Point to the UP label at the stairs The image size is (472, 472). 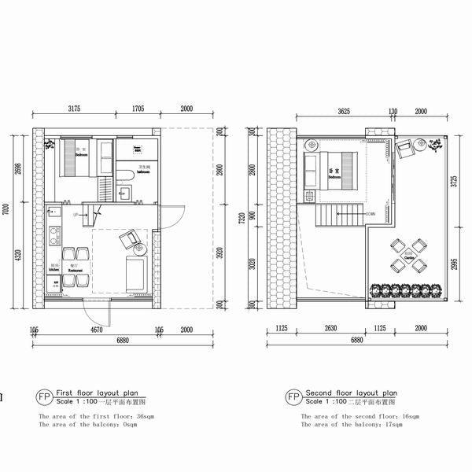click(x=76, y=213)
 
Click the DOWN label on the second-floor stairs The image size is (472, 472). click(x=371, y=213)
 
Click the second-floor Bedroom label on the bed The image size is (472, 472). click(x=334, y=173)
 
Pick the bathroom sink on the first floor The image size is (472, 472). click(x=125, y=192)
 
